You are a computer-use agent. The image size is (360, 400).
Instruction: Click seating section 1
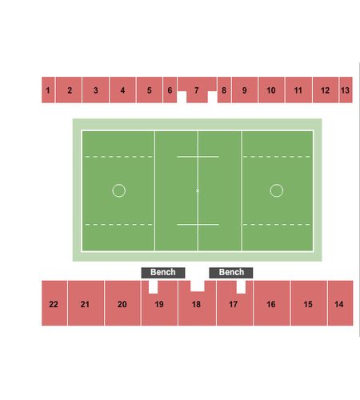[48, 90]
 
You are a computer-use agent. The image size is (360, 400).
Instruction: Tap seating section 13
[346, 90]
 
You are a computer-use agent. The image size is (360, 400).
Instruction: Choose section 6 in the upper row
[170, 90]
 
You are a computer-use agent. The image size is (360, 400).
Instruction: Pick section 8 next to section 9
[224, 90]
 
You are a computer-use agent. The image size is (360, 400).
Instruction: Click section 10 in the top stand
[271, 90]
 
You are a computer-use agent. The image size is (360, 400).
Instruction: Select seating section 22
[54, 303]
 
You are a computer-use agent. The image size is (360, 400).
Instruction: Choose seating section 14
[341, 303]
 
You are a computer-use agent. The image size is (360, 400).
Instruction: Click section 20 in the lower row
[122, 303]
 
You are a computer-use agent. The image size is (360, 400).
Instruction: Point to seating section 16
[271, 303]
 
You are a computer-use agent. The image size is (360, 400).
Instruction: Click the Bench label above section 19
[163, 273]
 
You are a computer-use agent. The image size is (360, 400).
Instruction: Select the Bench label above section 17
[231, 273]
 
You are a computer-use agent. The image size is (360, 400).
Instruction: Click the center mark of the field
[198, 190]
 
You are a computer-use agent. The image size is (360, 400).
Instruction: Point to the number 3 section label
[96, 90]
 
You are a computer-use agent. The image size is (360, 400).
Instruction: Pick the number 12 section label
[325, 90]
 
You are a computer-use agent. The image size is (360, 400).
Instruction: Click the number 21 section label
[85, 304]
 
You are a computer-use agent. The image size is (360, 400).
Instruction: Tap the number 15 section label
[308, 304]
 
